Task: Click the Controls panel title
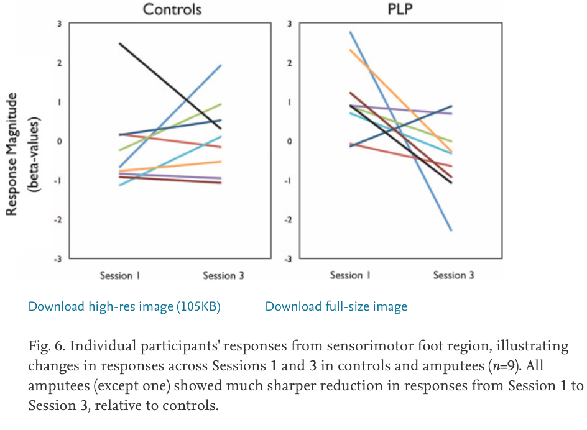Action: pyautogui.click(x=172, y=9)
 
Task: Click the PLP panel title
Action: pyautogui.click(x=400, y=9)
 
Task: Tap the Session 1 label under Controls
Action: pyautogui.click(x=120, y=275)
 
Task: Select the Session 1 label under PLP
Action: pyautogui.click(x=350, y=275)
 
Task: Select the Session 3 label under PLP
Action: pyautogui.click(x=453, y=275)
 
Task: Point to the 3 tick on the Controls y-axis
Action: pyautogui.click(x=59, y=24)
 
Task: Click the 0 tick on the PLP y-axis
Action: pyautogui.click(x=289, y=142)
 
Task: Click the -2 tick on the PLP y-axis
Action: pyautogui.click(x=288, y=220)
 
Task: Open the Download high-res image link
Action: pyautogui.click(x=124, y=306)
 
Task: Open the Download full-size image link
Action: pyautogui.click(x=336, y=306)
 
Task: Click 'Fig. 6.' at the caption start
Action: pyautogui.click(x=45, y=346)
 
